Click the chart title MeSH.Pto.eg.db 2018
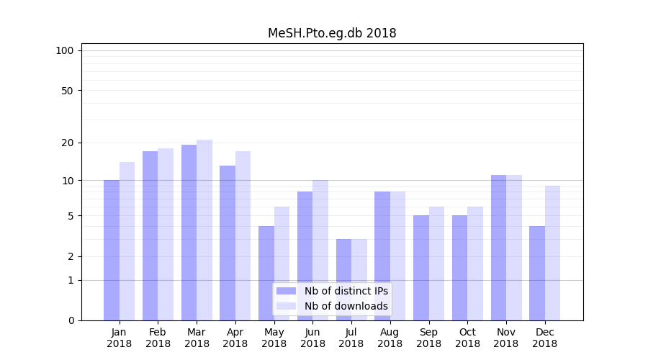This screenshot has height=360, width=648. pos(332,33)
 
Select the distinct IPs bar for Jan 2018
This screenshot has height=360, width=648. pos(112,250)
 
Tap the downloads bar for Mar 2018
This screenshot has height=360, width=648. pos(204,230)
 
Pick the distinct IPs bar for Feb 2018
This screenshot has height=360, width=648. pos(150,235)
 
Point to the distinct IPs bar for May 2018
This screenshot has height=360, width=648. pos(266,273)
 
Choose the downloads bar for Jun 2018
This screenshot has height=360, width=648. pos(320,250)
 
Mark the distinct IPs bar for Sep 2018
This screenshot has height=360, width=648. pos(421,268)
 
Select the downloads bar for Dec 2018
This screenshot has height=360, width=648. pos(552,253)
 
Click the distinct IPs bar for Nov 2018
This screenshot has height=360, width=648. pos(498,248)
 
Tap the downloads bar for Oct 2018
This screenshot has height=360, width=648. pos(475,264)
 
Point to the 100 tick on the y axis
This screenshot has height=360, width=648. pos(65,50)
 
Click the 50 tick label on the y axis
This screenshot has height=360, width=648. pos(68,91)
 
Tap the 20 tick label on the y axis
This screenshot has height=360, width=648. pos(68,143)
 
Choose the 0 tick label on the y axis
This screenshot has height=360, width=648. pos(71,320)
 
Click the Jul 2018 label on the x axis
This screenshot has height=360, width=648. pos(351,338)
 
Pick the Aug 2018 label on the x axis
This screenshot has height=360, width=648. pos(390,338)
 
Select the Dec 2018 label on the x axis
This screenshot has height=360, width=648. pos(544,338)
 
